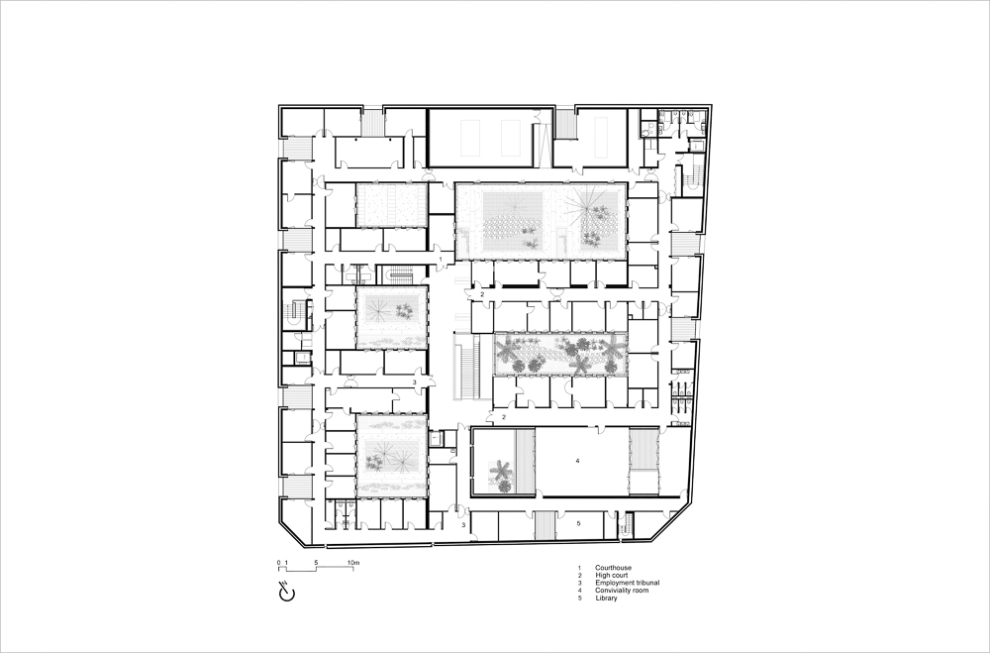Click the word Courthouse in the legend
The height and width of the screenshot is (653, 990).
[613, 569]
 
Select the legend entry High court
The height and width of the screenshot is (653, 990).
[611, 576]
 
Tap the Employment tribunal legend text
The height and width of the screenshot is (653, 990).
[627, 583]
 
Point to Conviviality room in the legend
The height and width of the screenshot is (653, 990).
[622, 591]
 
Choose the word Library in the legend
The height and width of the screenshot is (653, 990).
[606, 598]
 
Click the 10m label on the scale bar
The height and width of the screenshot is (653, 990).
[353, 563]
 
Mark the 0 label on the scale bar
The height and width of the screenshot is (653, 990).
[278, 563]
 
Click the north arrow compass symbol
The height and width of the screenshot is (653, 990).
[287, 592]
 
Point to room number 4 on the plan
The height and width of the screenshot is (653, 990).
[577, 462]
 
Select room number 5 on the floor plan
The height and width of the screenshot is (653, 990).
[578, 523]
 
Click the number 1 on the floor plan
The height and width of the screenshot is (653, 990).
[441, 260]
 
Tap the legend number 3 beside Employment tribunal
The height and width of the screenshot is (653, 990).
[579, 583]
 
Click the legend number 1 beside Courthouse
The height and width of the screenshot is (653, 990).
[579, 569]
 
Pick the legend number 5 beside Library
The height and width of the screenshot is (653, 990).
[579, 598]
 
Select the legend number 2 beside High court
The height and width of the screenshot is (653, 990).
[579, 576]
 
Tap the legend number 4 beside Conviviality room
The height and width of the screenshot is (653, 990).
[579, 591]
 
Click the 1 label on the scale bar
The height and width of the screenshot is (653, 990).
[286, 563]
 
